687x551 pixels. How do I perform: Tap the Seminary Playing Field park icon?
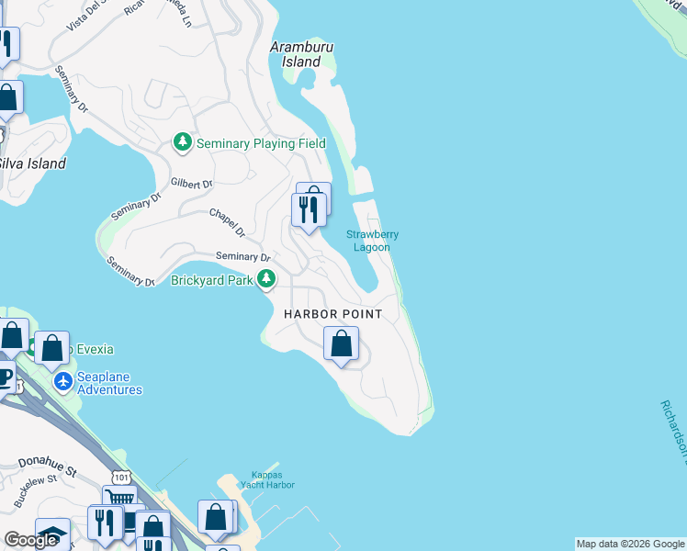(183, 143)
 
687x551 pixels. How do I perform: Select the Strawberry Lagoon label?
(372, 241)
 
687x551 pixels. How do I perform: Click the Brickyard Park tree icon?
(266, 279)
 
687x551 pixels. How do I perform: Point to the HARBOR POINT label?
(332, 314)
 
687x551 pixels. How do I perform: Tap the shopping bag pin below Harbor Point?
(341, 345)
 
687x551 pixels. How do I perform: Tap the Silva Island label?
(32, 163)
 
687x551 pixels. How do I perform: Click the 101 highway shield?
(122, 476)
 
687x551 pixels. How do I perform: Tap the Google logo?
(30, 540)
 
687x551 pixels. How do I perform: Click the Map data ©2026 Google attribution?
(630, 544)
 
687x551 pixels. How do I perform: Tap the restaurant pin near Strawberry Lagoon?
(309, 210)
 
